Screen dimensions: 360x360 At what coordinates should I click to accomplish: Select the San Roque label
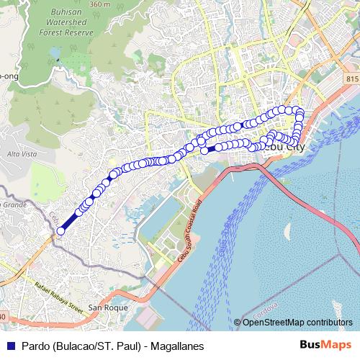102,307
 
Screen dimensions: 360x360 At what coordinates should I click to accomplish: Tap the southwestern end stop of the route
60,231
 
